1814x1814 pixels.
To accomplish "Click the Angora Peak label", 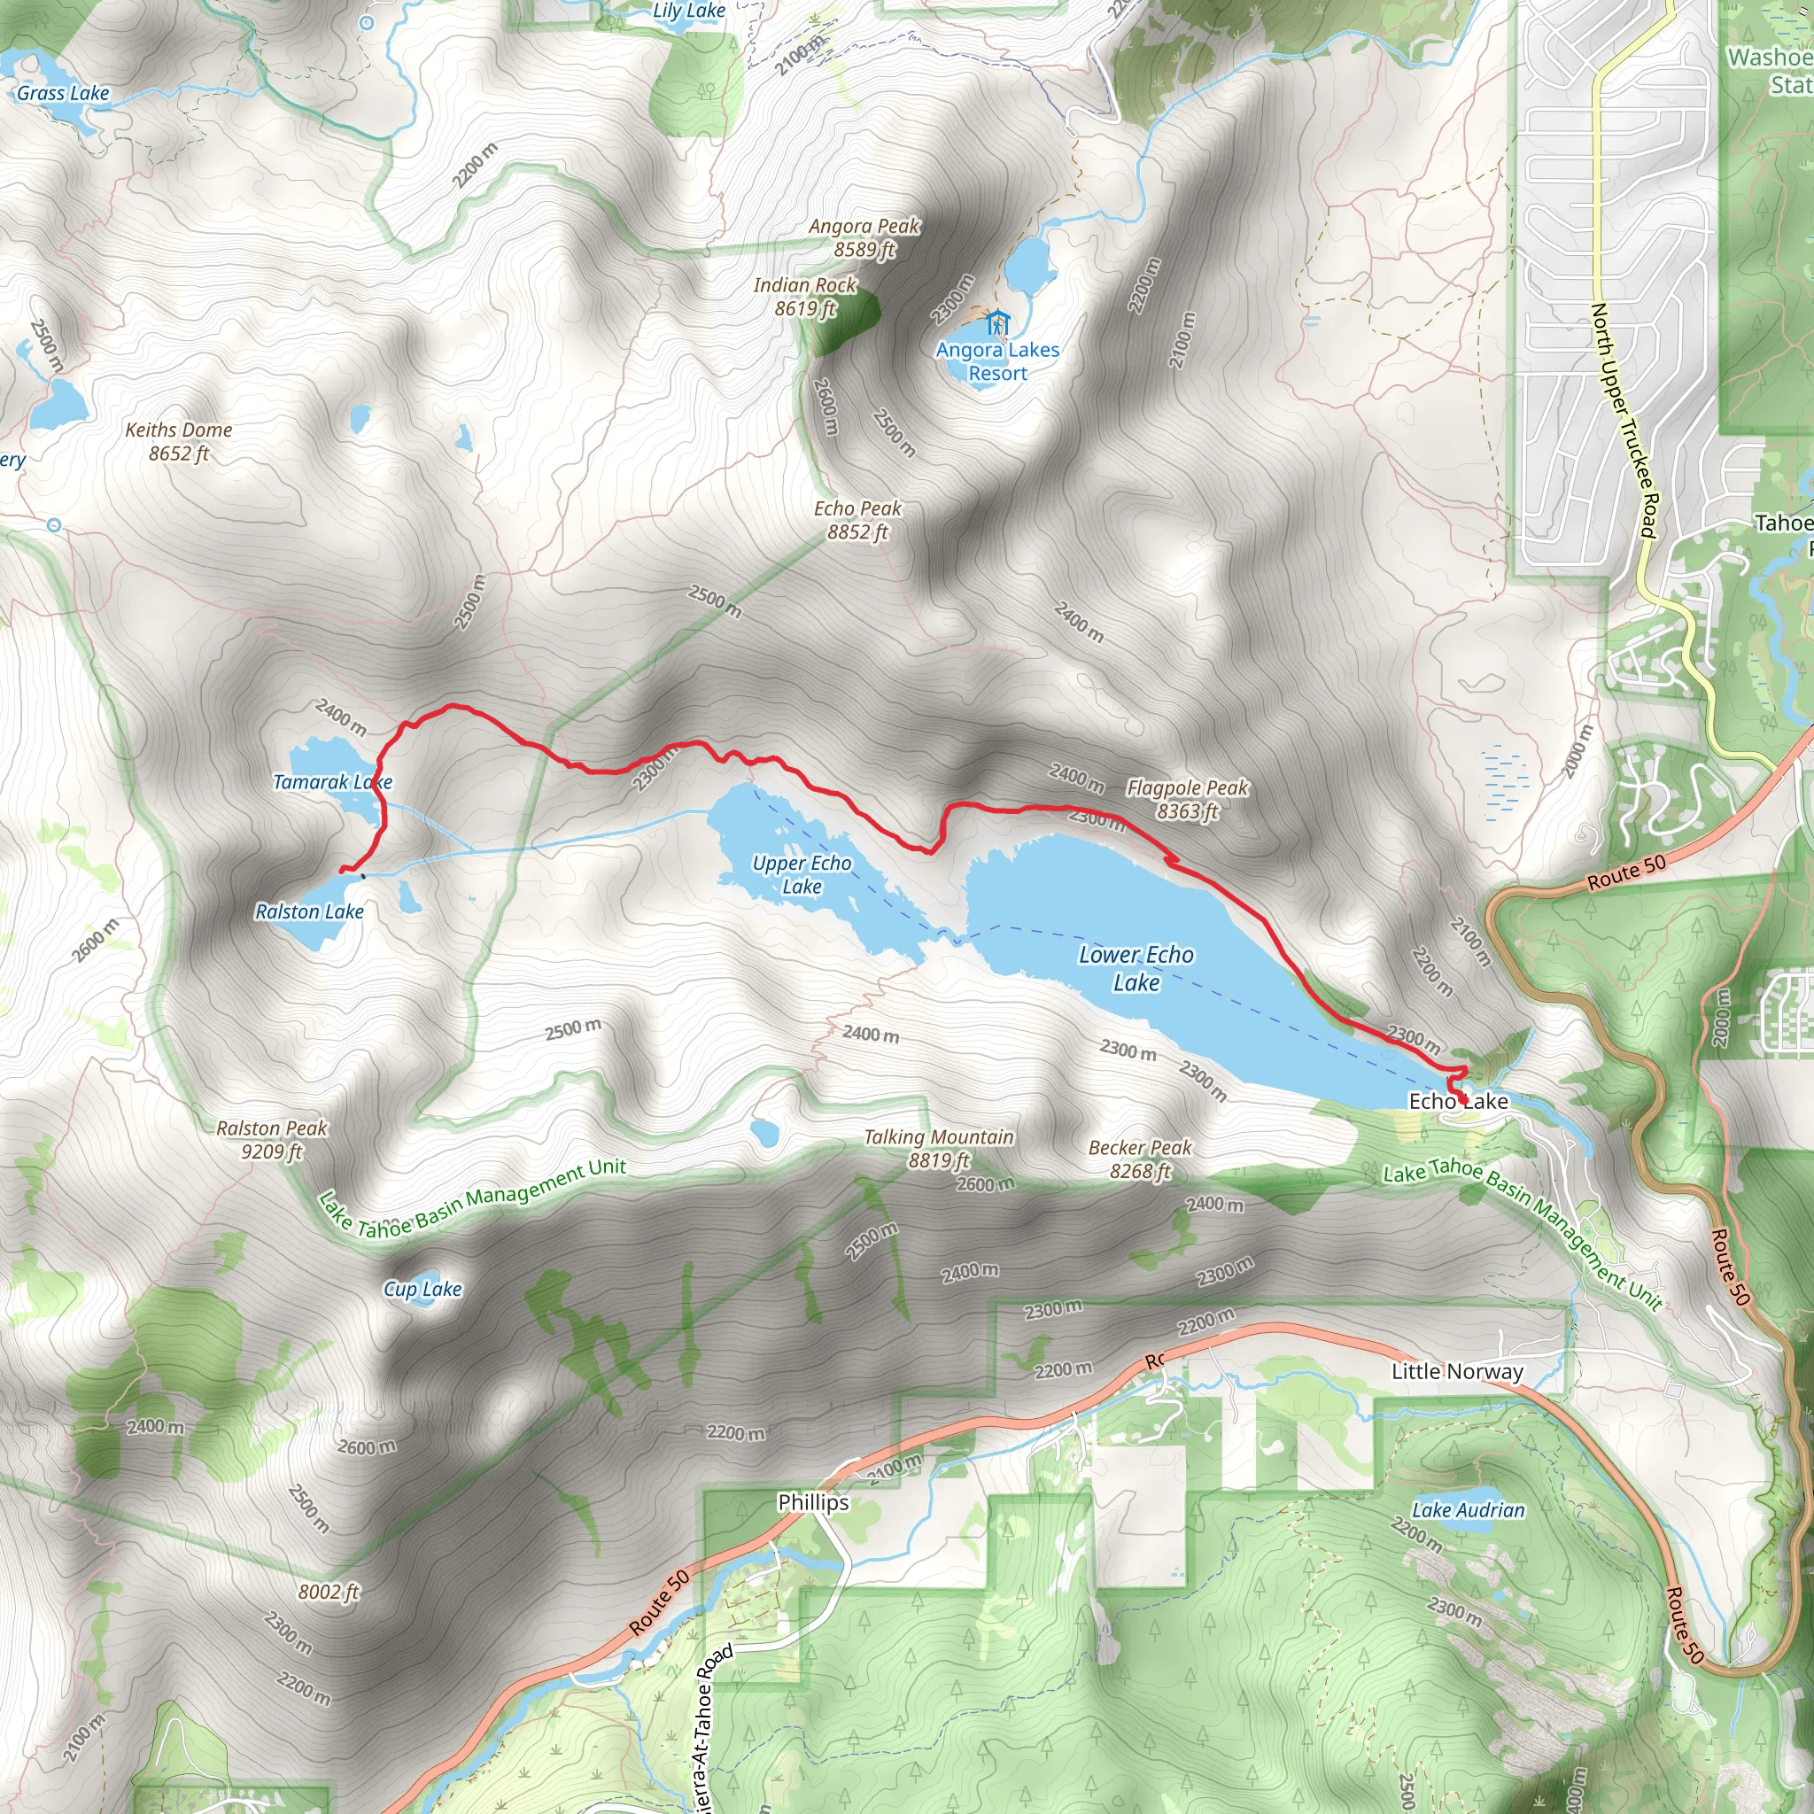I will coord(864,237).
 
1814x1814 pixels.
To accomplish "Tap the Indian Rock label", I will coord(804,297).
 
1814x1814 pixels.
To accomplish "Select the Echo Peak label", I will coord(857,520).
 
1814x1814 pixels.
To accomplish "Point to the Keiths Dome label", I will coord(178,441).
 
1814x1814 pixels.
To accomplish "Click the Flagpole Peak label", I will coord(1187,799).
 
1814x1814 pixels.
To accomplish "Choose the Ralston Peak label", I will coord(271,1140).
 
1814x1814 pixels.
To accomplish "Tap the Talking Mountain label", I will coord(938,1148).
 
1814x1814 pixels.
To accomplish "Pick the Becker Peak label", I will coord(1140,1159).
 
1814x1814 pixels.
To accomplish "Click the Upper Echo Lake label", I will coord(802,874).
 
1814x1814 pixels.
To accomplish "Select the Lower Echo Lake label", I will coord(1136,968).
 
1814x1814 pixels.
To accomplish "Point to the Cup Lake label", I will coord(422,1289).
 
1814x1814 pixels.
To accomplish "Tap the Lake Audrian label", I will coord(1469,1510).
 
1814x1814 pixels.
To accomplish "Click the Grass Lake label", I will coord(63,93).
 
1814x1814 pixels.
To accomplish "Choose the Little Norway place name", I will coord(1457,1372).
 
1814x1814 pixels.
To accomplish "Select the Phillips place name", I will coord(813,1502).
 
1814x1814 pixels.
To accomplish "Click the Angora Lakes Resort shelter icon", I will coord(997,323).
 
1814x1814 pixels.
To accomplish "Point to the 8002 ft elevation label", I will coord(329,1592).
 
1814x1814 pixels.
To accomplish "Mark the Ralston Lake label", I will coord(310,911).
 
